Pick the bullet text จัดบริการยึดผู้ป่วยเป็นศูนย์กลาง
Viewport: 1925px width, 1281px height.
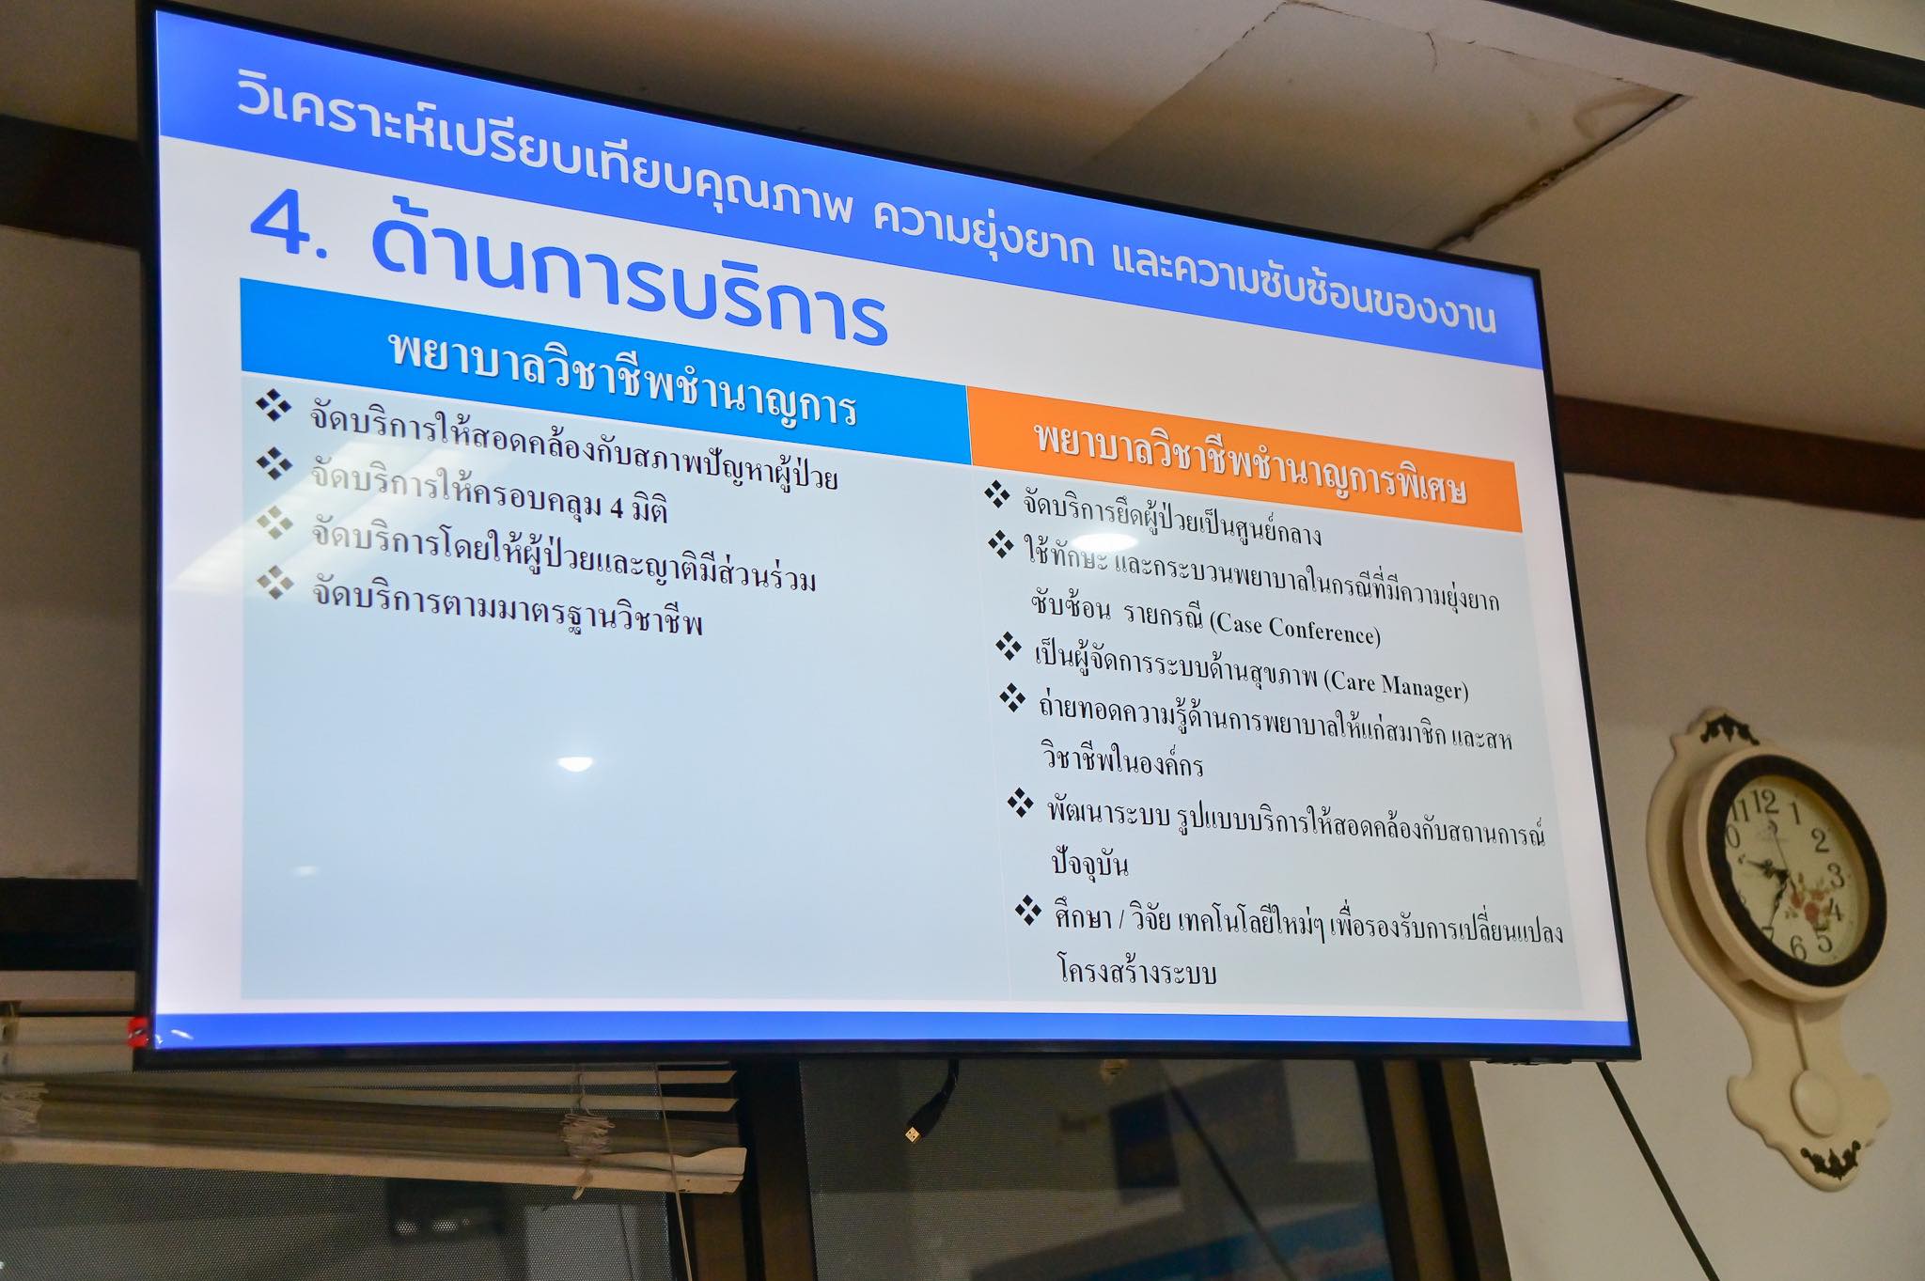coord(1172,519)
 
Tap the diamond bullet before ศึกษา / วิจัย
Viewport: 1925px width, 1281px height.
coord(1028,911)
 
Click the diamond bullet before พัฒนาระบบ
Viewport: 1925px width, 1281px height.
coord(1020,803)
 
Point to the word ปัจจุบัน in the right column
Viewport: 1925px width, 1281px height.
coord(1088,863)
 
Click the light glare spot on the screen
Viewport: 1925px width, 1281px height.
coord(575,763)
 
